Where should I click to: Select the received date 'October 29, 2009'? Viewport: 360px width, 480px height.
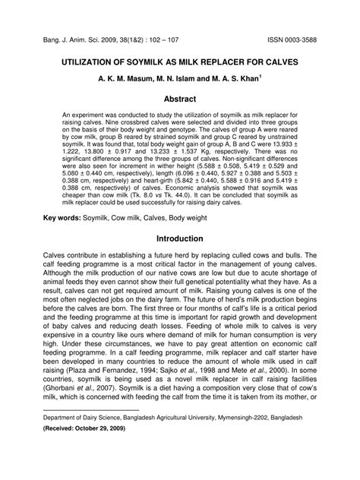106,450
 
